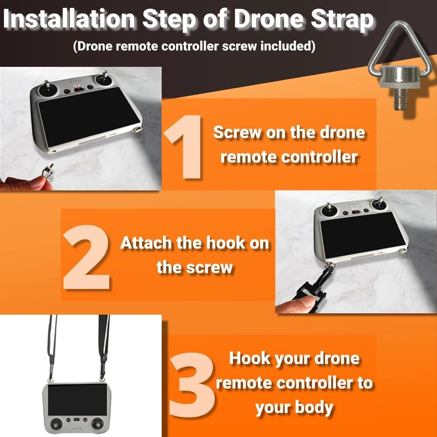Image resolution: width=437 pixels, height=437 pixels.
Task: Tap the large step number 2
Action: coord(87,257)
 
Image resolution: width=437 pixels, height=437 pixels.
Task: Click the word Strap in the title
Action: coord(342,20)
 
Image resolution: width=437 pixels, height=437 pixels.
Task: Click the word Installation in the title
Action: coord(69,18)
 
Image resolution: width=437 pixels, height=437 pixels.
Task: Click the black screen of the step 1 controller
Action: coord(89,116)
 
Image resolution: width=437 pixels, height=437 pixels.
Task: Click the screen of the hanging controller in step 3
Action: coord(77,400)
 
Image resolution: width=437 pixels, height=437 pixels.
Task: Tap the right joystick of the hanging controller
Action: coord(97,424)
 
